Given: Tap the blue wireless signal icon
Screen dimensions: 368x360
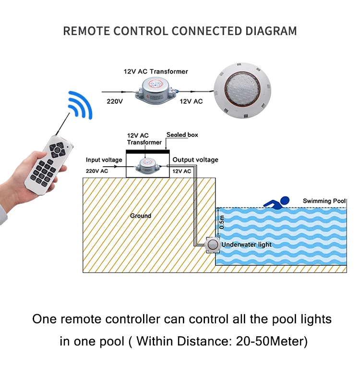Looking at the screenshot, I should click(x=79, y=104).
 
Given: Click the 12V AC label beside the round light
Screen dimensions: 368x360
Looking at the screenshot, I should click(x=191, y=101).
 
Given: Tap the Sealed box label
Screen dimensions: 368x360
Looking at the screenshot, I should click(x=182, y=135).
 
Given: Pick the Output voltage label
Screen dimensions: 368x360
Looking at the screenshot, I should click(x=195, y=159).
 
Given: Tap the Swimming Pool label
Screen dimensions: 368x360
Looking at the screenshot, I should click(x=324, y=201).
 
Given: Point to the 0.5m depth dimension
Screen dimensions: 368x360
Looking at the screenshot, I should click(x=221, y=222).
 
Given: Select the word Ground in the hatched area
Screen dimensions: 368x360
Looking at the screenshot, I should click(x=141, y=216).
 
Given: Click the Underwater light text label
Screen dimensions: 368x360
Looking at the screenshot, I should click(x=246, y=245).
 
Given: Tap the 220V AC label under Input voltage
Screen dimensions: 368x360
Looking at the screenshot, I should click(x=97, y=171).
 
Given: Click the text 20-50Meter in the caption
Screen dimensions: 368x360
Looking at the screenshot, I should click(x=269, y=342).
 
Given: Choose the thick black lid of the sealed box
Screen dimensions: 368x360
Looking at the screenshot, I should click(x=147, y=151).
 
